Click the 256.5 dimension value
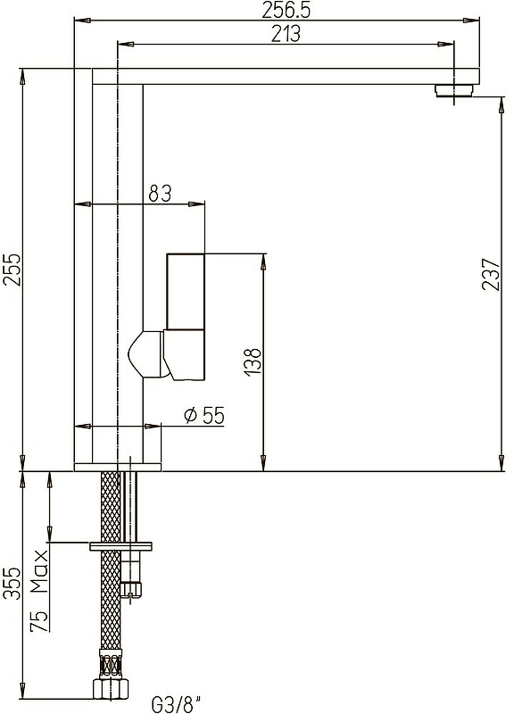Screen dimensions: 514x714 pos(286,10)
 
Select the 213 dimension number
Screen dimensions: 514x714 pos(286,34)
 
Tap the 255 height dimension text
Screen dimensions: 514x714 pos(12,270)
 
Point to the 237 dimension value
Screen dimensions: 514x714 pos(491,274)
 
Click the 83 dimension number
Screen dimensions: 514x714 pos(160,194)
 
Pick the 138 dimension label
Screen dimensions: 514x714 pos(253,362)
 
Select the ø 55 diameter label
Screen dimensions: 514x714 pos(204,415)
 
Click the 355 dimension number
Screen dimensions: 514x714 pos(12,584)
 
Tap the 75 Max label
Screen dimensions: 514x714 pos(39,591)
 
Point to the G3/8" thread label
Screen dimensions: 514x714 pos(175,704)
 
